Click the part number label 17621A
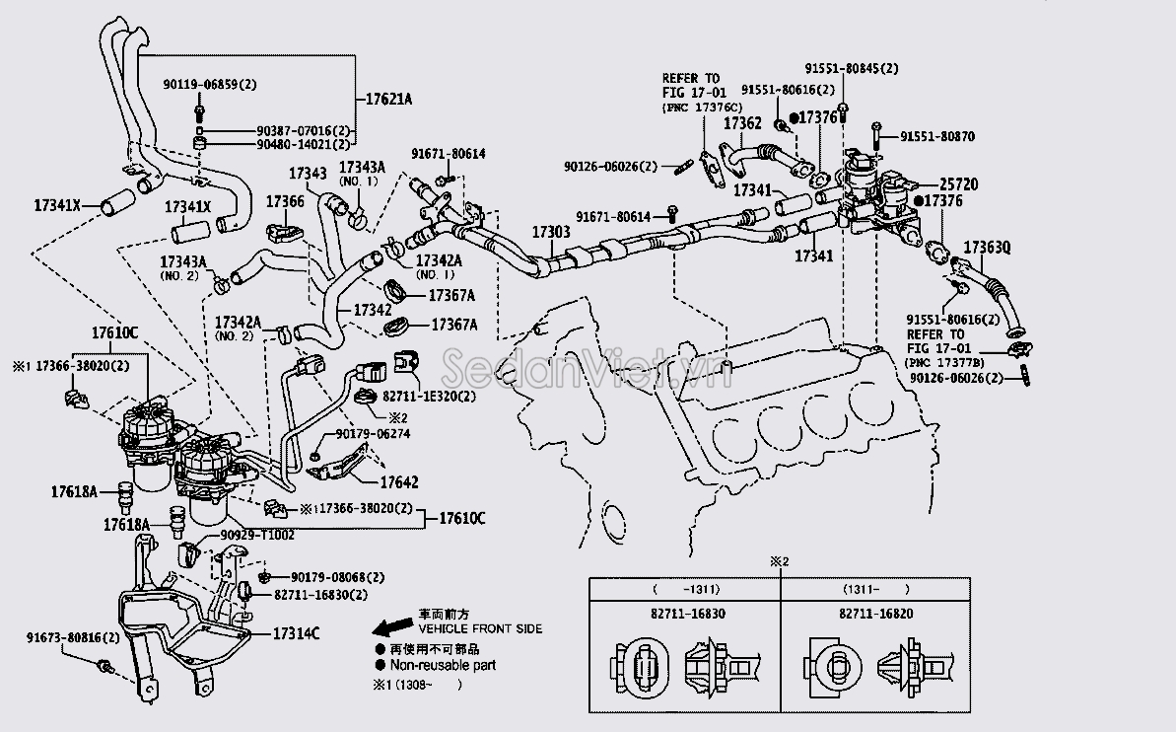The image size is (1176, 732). pos(388,100)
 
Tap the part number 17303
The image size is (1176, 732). pos(551,231)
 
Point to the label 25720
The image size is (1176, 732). pos(958,184)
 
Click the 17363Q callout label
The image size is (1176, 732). pos(987,247)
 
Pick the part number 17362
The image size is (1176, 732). pos(742,123)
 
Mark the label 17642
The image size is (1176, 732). pos(399,482)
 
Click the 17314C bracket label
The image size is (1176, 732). pos(296,633)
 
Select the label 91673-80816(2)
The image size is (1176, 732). pos(73,638)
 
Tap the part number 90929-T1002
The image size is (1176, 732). pos(257,535)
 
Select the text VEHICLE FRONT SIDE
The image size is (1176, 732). pos(480,628)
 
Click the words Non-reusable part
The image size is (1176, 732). pos(443,665)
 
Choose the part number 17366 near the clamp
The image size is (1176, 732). pos(285,201)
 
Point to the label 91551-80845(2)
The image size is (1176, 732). pos(851,68)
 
